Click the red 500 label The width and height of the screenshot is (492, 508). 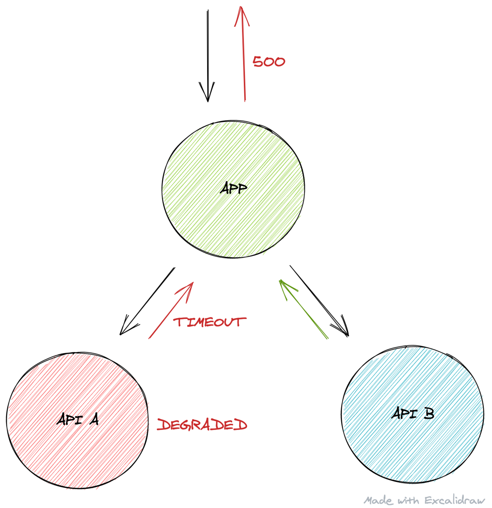coord(269,62)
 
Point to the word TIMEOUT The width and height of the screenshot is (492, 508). coord(210,322)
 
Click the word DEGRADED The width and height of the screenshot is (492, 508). coord(202,425)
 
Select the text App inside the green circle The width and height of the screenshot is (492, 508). coord(234,188)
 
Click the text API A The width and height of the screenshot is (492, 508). coord(78,419)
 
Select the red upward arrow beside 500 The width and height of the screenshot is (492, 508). coord(243,56)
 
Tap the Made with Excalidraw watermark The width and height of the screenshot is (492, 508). coord(424,500)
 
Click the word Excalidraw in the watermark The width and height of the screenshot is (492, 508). coord(455,500)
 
